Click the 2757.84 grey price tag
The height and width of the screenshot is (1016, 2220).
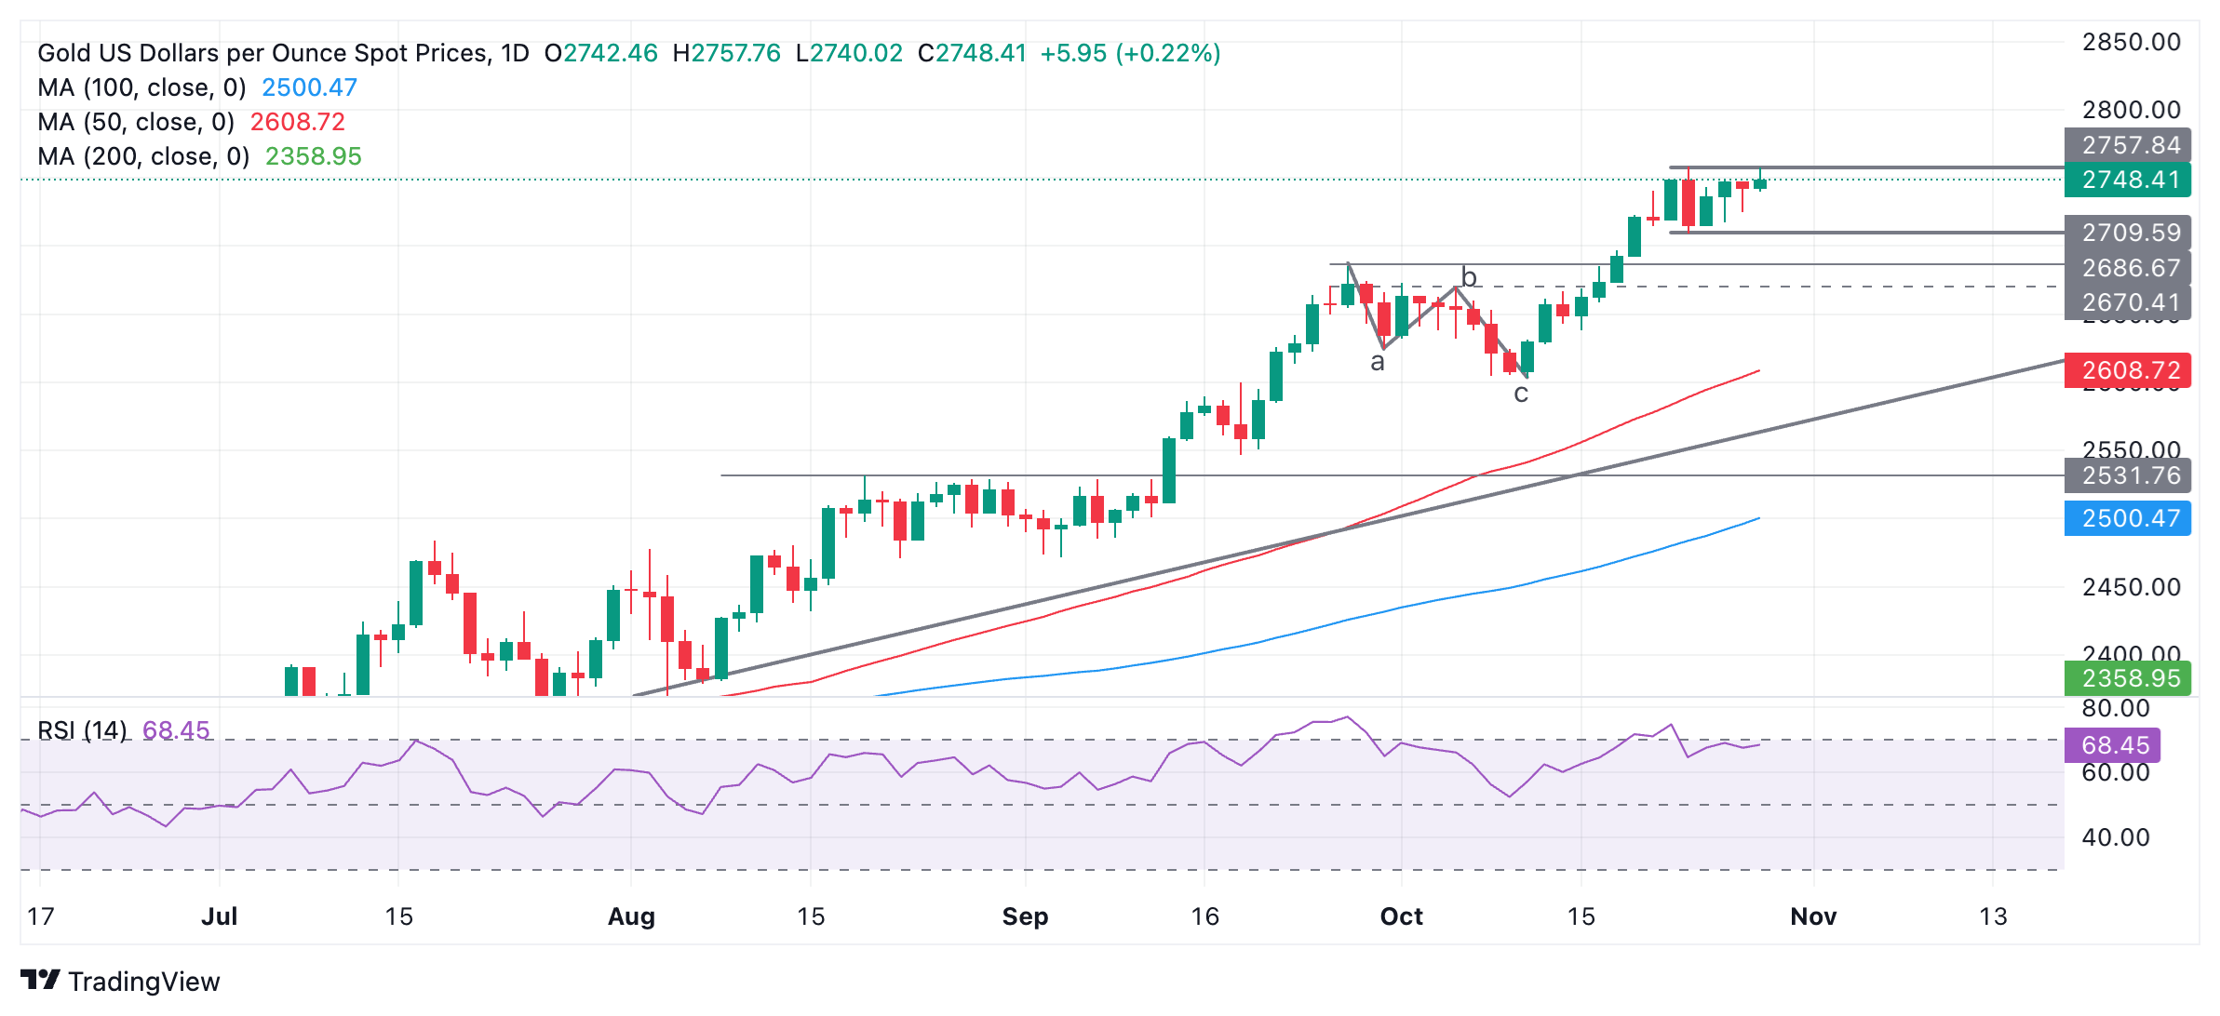click(2130, 145)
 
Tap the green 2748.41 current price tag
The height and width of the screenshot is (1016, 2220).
click(2130, 180)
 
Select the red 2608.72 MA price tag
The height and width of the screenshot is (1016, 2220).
click(2130, 370)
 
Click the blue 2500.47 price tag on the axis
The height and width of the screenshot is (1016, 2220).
click(2130, 518)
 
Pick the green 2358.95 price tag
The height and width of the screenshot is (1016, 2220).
click(2130, 678)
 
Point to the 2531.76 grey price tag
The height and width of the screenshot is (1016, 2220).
click(2130, 475)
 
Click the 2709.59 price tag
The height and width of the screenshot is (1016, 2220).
click(2130, 233)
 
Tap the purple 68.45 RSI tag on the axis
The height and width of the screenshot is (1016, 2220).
click(2114, 745)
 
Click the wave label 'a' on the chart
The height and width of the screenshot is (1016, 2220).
click(1378, 363)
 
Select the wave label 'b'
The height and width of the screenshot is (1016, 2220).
click(1469, 277)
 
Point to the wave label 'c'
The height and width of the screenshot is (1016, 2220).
click(1521, 394)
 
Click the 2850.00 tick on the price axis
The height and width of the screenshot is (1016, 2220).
click(2131, 42)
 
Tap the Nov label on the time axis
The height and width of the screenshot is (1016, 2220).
click(1813, 916)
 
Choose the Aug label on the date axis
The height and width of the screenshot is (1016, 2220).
click(631, 916)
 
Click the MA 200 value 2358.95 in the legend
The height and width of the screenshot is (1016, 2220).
click(313, 156)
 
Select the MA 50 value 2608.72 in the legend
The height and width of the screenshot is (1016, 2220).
click(297, 122)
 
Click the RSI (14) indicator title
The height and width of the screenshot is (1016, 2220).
click(82, 730)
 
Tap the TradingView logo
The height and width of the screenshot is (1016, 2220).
click(120, 981)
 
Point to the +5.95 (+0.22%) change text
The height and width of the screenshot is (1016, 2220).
click(1130, 53)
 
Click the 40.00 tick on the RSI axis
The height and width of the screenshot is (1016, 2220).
click(2116, 837)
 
